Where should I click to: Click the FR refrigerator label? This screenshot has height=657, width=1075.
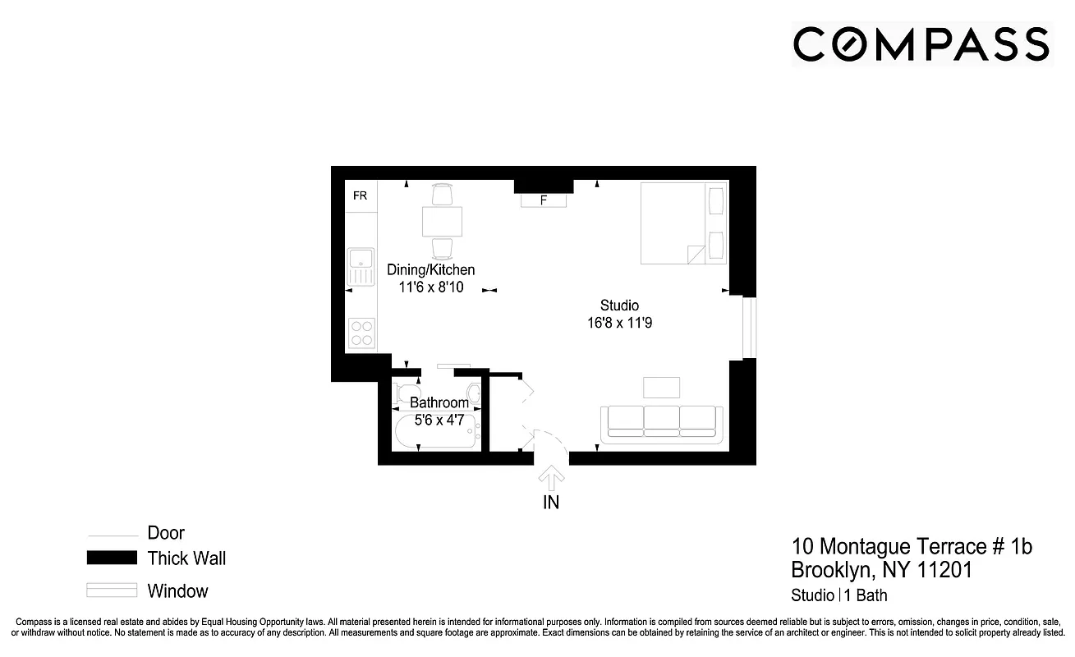pyautogui.click(x=360, y=195)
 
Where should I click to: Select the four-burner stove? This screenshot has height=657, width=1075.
pyautogui.click(x=361, y=333)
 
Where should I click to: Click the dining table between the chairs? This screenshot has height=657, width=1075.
pyautogui.click(x=442, y=222)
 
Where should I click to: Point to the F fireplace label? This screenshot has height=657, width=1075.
pyautogui.click(x=543, y=200)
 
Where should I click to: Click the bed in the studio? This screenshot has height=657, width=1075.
pyautogui.click(x=683, y=223)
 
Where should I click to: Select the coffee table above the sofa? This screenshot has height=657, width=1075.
pyautogui.click(x=661, y=387)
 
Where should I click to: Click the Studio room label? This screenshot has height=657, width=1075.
pyautogui.click(x=619, y=306)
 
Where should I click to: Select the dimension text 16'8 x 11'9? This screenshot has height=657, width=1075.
pyautogui.click(x=619, y=323)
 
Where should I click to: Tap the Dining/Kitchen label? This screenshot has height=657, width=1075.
pyautogui.click(x=431, y=269)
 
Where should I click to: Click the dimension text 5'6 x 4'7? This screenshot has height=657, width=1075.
pyautogui.click(x=439, y=420)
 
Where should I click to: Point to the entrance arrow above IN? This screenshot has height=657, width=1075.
pyautogui.click(x=551, y=477)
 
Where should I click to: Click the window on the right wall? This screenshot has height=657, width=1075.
pyautogui.click(x=748, y=328)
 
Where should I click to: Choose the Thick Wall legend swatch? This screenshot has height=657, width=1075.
pyautogui.click(x=112, y=558)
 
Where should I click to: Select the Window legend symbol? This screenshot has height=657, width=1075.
pyautogui.click(x=112, y=590)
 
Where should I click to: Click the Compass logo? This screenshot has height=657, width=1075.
pyautogui.click(x=921, y=44)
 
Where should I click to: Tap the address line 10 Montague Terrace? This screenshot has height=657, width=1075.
pyautogui.click(x=912, y=547)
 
